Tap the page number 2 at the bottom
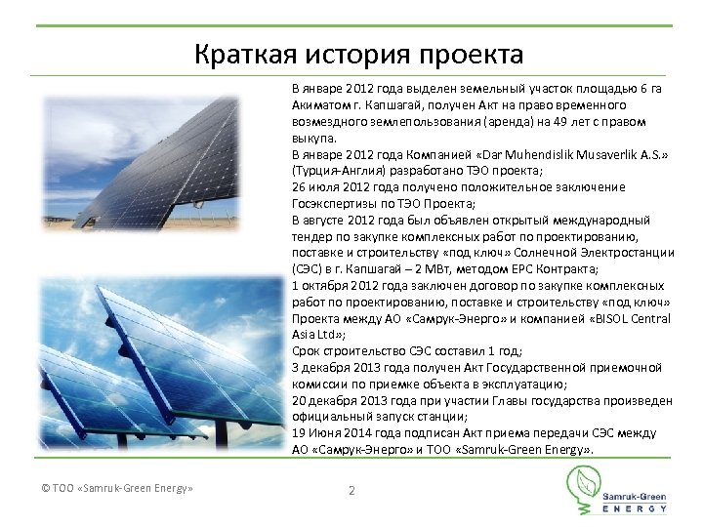pyautogui.click(x=351, y=490)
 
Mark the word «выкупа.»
pyautogui.click(x=312, y=139)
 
